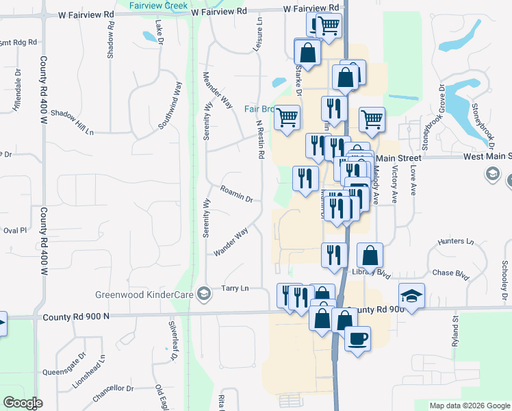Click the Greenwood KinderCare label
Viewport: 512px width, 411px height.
[x=144, y=295]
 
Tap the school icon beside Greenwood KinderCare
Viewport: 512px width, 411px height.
[x=203, y=295]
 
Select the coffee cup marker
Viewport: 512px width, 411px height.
[x=357, y=338]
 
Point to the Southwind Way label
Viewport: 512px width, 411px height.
[x=170, y=106]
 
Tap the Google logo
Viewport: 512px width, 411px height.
[x=23, y=402]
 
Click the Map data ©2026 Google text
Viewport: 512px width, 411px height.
[x=470, y=406]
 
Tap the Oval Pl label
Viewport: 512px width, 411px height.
[x=14, y=231]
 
